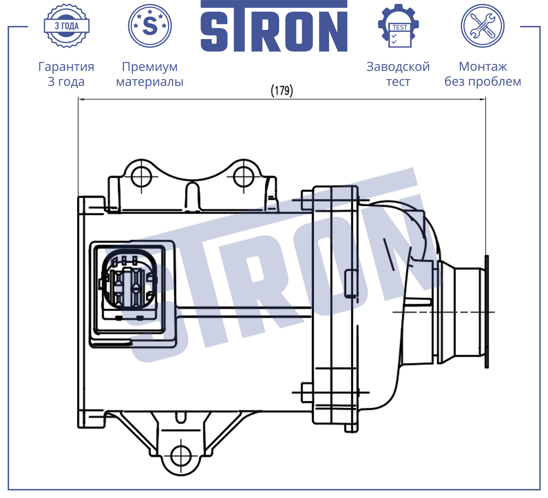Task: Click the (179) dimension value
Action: coord(282,90)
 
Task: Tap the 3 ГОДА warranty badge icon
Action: coord(66,26)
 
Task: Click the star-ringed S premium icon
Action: coord(150,26)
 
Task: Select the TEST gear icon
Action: coord(399,26)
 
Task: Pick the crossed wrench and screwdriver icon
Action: coord(482,26)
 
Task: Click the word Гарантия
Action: coord(66,67)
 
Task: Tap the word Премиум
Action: coord(150,67)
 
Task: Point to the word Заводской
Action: coord(398,67)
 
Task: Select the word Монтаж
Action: coord(483,67)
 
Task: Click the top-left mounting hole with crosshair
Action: coord(141,176)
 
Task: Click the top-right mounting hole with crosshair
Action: coord(244,176)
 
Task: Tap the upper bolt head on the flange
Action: coord(307,200)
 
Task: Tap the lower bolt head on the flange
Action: coord(307,393)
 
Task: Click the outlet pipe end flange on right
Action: coord(486,312)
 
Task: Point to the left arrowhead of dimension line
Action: coord(80,99)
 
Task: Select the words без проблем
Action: coord(483,82)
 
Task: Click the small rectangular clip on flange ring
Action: coord(351,283)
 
